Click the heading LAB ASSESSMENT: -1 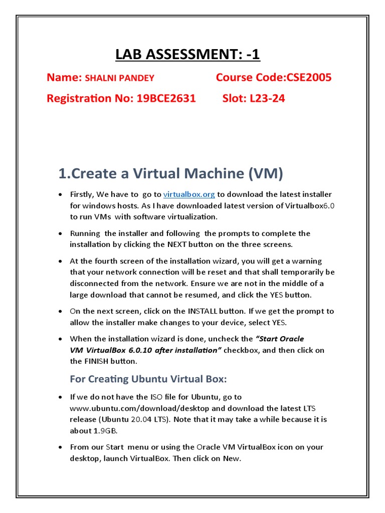coord(187,54)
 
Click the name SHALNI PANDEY coord(119,78)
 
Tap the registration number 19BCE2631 coord(166,98)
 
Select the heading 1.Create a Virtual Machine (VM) coord(170,174)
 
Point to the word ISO coord(148,397)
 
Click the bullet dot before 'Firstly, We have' coord(60,194)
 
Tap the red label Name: coord(64,77)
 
